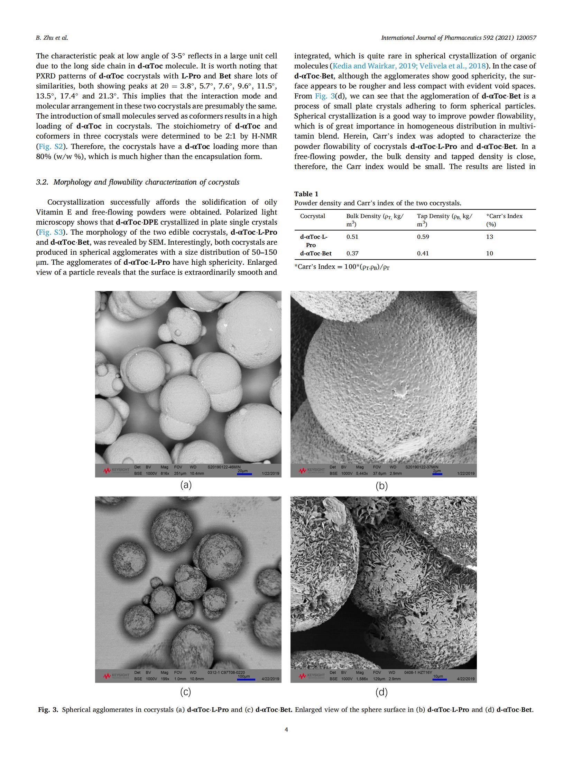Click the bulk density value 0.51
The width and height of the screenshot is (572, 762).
(x=352, y=237)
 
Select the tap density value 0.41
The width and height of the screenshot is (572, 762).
(x=423, y=253)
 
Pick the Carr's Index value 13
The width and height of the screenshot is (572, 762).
(x=489, y=237)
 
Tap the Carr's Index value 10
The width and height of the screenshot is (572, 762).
(x=489, y=253)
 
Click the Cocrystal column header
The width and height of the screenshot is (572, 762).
(x=312, y=216)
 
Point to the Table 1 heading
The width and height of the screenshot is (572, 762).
(x=306, y=194)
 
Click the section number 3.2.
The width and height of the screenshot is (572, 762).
(x=42, y=182)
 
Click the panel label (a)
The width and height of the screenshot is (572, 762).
(x=186, y=485)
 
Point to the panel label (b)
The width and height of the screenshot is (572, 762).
(x=381, y=486)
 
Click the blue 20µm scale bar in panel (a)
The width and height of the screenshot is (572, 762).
(x=244, y=474)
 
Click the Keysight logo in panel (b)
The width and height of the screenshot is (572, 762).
(x=312, y=470)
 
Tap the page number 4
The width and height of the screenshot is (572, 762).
(x=286, y=730)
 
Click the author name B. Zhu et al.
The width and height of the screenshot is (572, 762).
(x=52, y=38)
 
